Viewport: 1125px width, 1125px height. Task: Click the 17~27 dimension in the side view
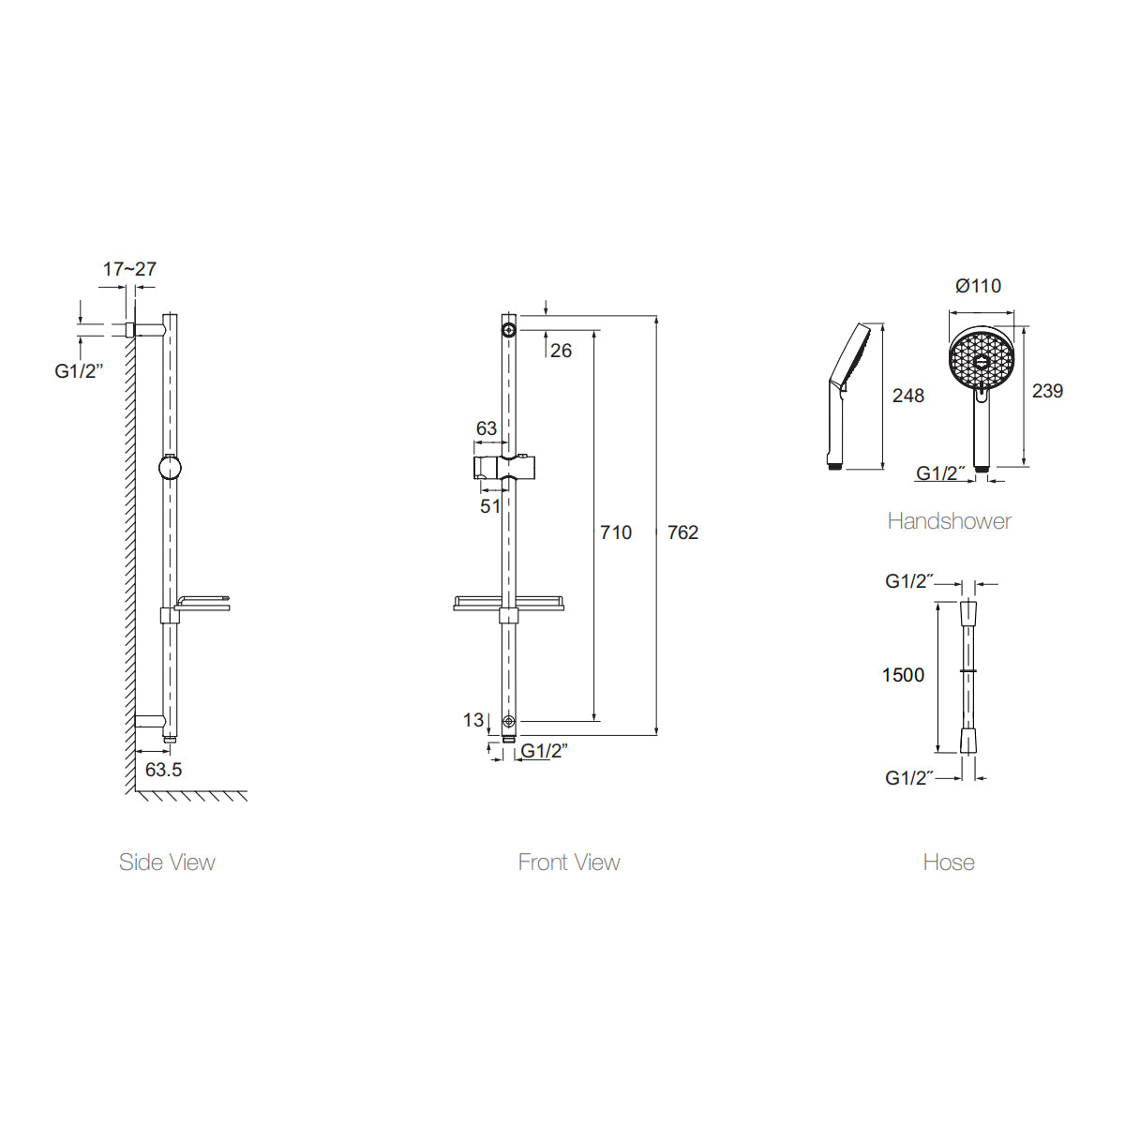click(x=129, y=269)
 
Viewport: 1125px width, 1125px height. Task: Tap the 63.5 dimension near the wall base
click(x=164, y=770)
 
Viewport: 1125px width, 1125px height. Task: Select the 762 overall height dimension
click(x=682, y=532)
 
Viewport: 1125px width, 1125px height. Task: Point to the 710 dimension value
click(x=616, y=532)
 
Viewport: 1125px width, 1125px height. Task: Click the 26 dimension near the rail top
click(x=561, y=351)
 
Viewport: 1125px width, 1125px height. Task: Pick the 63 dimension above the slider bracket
click(x=487, y=428)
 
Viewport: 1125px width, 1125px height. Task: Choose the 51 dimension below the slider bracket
click(x=490, y=506)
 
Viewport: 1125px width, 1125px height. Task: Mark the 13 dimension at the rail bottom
click(x=473, y=720)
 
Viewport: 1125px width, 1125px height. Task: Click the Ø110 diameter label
click(x=978, y=286)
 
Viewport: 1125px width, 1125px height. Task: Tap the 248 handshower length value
click(x=907, y=396)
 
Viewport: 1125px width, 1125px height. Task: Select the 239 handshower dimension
click(x=1047, y=391)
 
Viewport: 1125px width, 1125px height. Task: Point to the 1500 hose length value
click(x=903, y=675)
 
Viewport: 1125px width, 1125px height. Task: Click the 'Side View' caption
click(x=167, y=862)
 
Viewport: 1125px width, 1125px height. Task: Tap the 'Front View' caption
click(x=569, y=862)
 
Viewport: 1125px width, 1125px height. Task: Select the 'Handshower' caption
click(x=949, y=521)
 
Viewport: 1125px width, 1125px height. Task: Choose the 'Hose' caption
click(x=949, y=862)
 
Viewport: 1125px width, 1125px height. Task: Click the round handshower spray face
click(x=982, y=360)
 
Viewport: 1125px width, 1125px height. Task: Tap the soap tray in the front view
click(x=508, y=603)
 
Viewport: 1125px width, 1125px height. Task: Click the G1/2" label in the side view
click(x=79, y=371)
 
